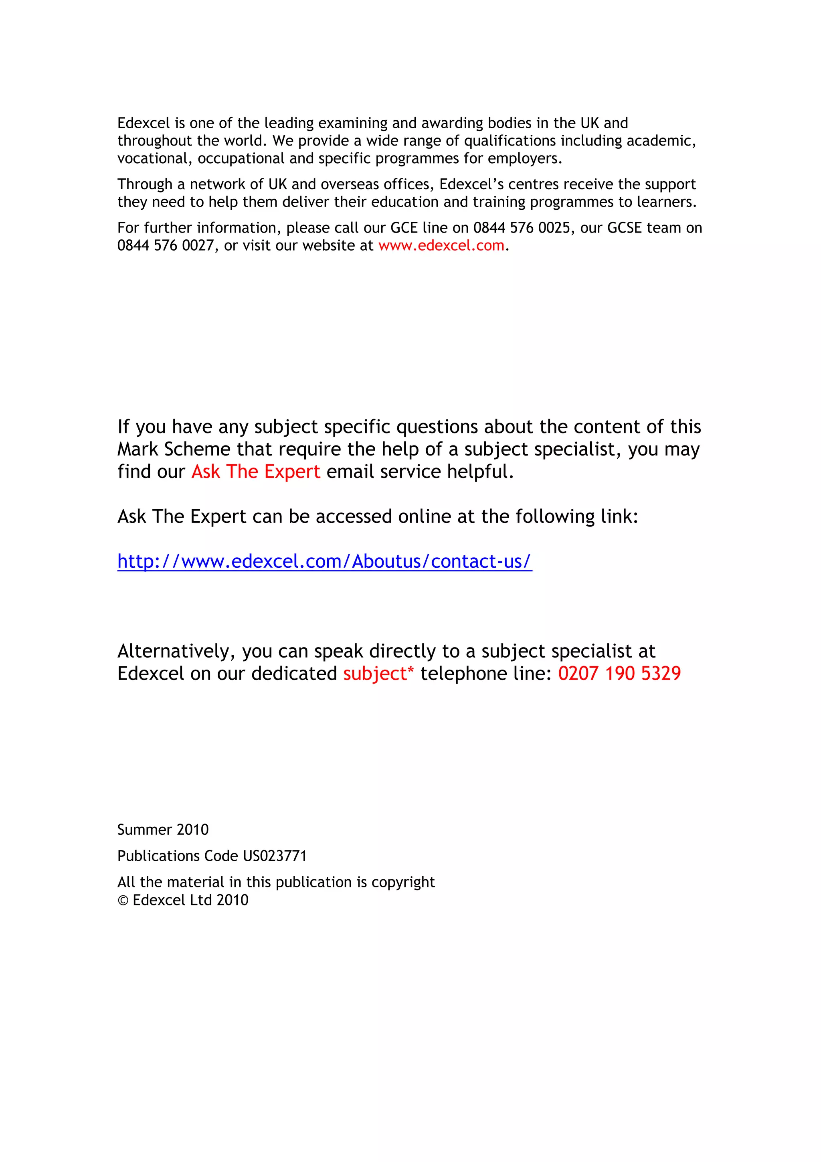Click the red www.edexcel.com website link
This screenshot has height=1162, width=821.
pos(441,245)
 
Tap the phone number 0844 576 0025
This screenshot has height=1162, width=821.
pos(522,228)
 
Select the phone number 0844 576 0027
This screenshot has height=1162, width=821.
pos(166,245)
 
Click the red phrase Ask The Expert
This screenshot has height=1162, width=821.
pos(255,472)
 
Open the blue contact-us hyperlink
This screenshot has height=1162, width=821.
pos(324,561)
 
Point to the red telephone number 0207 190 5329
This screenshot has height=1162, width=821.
pos(619,674)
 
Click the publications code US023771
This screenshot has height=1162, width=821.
pos(275,856)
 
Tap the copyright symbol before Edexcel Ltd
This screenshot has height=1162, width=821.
pos(123,900)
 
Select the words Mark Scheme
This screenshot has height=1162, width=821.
pos(174,449)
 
